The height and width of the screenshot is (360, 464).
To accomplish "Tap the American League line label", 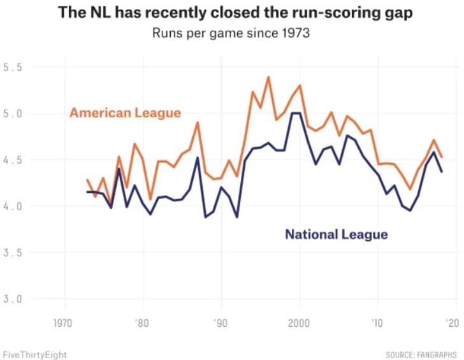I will click(x=125, y=113).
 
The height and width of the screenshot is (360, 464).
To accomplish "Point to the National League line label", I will click(x=336, y=234).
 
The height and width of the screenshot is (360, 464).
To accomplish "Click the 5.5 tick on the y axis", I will click(x=13, y=68).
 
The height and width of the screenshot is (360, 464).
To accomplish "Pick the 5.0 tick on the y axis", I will click(x=13, y=114).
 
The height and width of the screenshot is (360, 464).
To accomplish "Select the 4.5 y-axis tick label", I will click(x=13, y=161).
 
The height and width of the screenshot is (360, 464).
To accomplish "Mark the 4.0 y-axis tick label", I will click(x=13, y=206).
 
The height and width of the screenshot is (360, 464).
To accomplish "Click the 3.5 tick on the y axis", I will click(x=13, y=253).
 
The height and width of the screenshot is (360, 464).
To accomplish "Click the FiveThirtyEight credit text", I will click(x=34, y=354).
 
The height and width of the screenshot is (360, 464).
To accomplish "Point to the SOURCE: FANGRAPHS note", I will click(x=423, y=354).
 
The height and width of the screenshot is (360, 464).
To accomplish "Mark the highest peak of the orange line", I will click(x=268, y=77).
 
